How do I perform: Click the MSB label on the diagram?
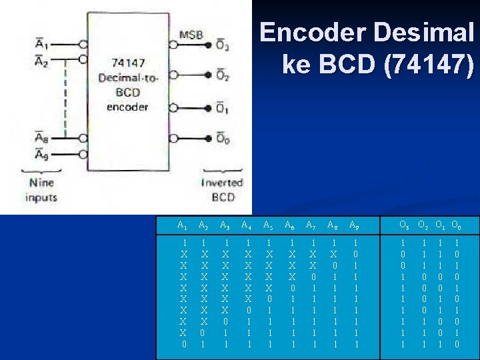(191, 35)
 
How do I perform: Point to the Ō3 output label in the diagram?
(223, 47)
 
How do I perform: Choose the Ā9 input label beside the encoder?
(42, 155)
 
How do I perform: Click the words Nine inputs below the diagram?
(41, 190)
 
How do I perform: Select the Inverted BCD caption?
(223, 190)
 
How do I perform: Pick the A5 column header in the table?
(269, 225)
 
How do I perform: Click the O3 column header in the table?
(404, 225)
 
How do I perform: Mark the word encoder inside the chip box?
(127, 105)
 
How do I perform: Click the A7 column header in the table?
(312, 225)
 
